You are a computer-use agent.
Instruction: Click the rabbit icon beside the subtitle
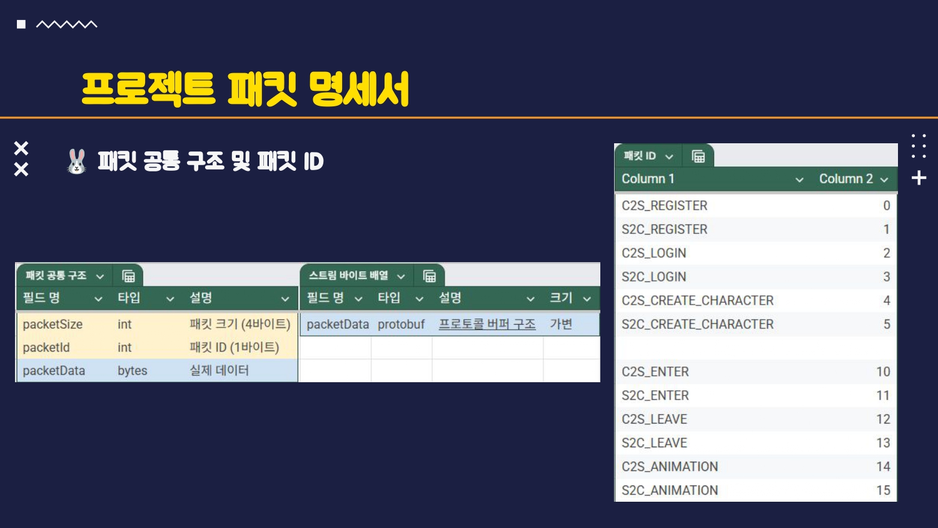coord(76,161)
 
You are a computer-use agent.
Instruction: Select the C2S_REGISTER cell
coord(664,206)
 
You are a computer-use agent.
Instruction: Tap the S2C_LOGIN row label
coord(653,277)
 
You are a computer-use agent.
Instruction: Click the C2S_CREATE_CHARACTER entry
coord(697,301)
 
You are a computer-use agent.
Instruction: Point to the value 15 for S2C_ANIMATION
coord(883,490)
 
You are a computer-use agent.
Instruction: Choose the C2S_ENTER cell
coord(655,372)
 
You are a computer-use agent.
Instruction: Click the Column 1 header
coord(648,179)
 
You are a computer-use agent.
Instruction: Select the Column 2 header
coord(845,179)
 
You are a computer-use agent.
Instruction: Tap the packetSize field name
coord(53,325)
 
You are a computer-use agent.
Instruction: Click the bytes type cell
coord(133,371)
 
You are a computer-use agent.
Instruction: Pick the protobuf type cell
coord(401,325)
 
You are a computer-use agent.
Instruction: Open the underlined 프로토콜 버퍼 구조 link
coord(487,325)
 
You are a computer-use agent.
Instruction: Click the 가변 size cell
coord(561,325)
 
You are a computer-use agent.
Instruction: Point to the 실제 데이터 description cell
coord(219,371)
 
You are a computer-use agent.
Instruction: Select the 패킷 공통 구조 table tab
coord(56,276)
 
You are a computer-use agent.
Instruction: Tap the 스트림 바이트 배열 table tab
coord(348,276)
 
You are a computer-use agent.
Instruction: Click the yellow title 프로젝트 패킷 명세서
coord(245,89)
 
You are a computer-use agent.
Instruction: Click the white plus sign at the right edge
coord(919,178)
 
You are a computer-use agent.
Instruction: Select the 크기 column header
coord(561,298)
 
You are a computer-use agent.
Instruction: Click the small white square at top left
coord(21,24)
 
